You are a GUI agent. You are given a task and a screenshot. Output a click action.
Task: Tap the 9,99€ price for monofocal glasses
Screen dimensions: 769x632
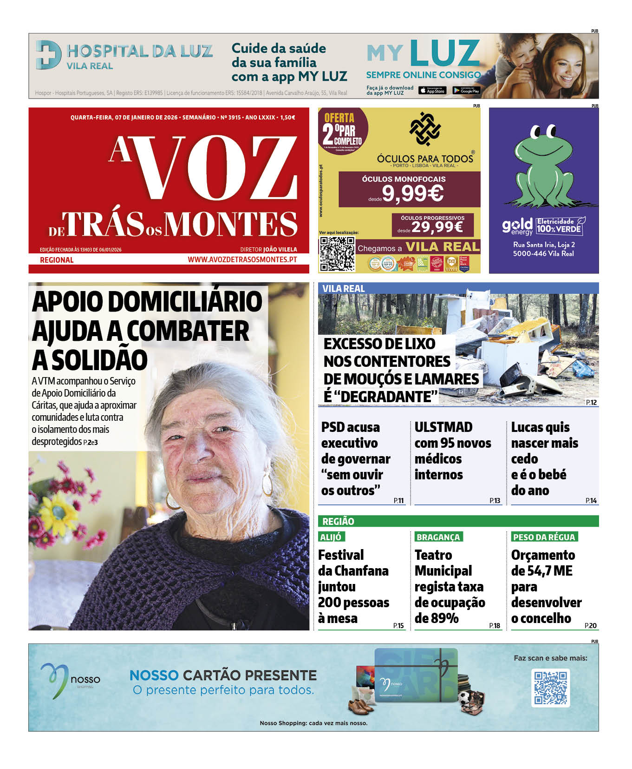(412, 193)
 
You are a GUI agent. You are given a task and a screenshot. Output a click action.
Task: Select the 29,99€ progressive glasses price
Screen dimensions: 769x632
(437, 226)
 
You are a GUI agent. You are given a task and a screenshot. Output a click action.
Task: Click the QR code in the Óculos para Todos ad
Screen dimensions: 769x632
(337, 254)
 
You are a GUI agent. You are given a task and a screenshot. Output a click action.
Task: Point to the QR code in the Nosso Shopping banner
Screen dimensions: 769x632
(550, 688)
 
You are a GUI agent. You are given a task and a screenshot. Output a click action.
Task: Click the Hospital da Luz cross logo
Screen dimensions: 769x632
(48, 55)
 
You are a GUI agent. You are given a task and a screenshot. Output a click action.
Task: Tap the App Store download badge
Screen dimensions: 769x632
(432, 91)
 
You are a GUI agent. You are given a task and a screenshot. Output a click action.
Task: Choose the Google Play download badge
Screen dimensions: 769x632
(466, 91)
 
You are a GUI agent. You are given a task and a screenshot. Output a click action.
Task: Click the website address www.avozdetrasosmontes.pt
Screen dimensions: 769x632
(242, 259)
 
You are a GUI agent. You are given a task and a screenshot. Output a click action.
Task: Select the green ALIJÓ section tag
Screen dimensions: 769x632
(331, 537)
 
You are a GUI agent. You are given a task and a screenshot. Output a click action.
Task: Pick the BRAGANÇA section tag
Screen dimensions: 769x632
(438, 537)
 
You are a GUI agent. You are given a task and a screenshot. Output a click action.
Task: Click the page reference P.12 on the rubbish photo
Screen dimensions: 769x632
(591, 403)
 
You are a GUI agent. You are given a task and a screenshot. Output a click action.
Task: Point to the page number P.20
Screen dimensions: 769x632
(591, 626)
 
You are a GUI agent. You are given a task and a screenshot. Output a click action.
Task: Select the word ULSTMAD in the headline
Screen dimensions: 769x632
(443, 427)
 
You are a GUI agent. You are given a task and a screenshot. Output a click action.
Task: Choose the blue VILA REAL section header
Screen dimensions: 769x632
(344, 288)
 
